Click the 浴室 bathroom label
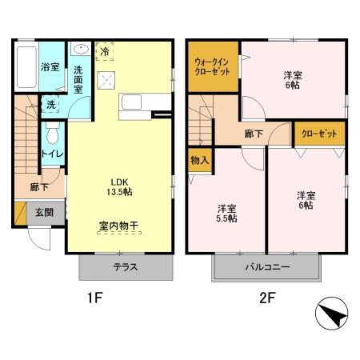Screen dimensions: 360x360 [50, 67]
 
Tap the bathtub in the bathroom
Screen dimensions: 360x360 [26, 67]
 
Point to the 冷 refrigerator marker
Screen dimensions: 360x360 [106, 51]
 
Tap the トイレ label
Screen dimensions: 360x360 [52, 153]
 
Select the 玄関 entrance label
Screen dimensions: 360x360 [43, 212]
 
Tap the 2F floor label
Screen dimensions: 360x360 [266, 302]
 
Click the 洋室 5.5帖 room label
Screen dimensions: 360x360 [226, 214]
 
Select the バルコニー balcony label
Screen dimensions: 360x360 [266, 267]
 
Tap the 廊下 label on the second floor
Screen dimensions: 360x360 [255, 134]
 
